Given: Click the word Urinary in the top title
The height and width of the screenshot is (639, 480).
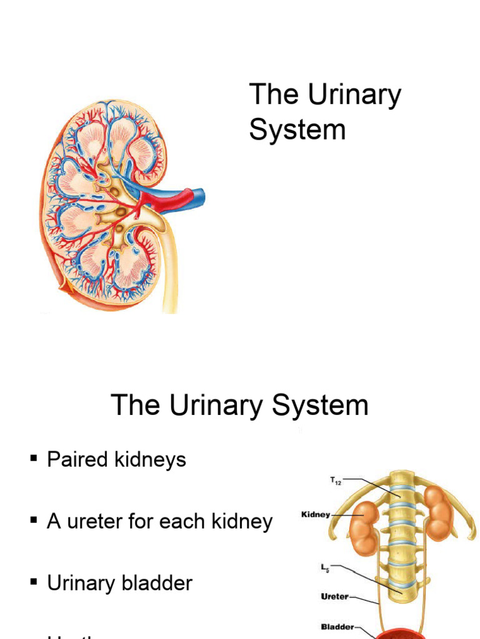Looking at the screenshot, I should pos(354,95).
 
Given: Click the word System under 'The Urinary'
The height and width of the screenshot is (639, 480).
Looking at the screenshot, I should pos(297,130).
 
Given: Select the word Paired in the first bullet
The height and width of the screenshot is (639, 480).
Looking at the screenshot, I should pos(77,460).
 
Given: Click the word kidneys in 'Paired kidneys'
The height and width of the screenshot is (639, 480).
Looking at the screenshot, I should pos(149,460).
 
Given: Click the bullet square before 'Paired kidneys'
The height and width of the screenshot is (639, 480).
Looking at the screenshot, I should pos(34,459).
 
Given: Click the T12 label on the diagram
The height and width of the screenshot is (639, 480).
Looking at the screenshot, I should pos(335,481).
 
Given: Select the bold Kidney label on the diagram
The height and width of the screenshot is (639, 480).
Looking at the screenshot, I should pos(316,515).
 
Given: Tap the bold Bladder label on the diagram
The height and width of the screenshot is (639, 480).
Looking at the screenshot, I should pos(337,627).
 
